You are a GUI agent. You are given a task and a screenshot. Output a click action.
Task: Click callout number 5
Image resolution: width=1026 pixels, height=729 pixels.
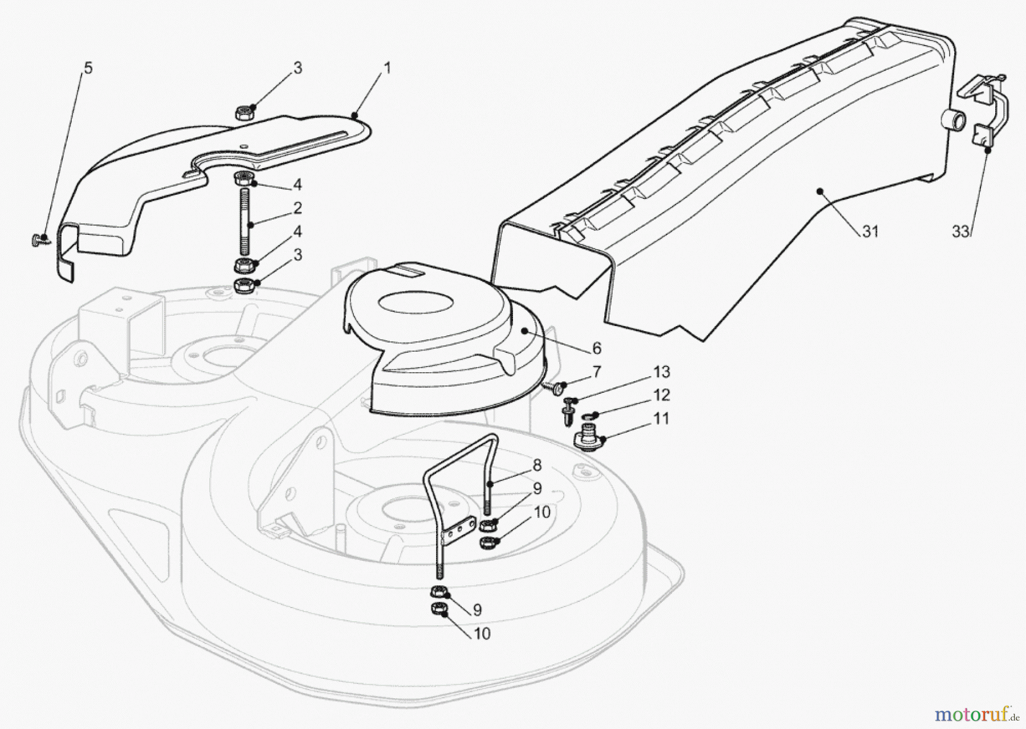pyautogui.click(x=88, y=68)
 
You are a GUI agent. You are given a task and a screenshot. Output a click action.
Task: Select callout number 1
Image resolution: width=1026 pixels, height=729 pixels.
pyautogui.click(x=388, y=68)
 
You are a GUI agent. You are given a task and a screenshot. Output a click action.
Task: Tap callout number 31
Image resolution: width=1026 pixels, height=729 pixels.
pyautogui.click(x=870, y=232)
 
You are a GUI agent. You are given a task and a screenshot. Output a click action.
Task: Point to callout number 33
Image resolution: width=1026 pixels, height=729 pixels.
pyautogui.click(x=960, y=232)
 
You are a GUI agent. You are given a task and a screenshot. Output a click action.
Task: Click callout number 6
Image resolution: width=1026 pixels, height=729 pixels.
pyautogui.click(x=597, y=348)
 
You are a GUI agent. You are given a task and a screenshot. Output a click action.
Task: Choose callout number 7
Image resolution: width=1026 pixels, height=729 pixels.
pyautogui.click(x=597, y=372)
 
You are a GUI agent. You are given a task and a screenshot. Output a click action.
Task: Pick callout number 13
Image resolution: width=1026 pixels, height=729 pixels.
pyautogui.click(x=661, y=372)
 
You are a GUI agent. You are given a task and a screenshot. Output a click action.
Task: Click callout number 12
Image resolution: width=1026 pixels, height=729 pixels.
pyautogui.click(x=661, y=395)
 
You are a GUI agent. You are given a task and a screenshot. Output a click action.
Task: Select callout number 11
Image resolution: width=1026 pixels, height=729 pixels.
pyautogui.click(x=661, y=418)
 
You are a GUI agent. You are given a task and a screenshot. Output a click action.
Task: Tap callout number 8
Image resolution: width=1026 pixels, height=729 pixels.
pyautogui.click(x=537, y=465)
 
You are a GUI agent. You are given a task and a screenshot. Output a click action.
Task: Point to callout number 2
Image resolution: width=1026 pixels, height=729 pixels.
pyautogui.click(x=298, y=208)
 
